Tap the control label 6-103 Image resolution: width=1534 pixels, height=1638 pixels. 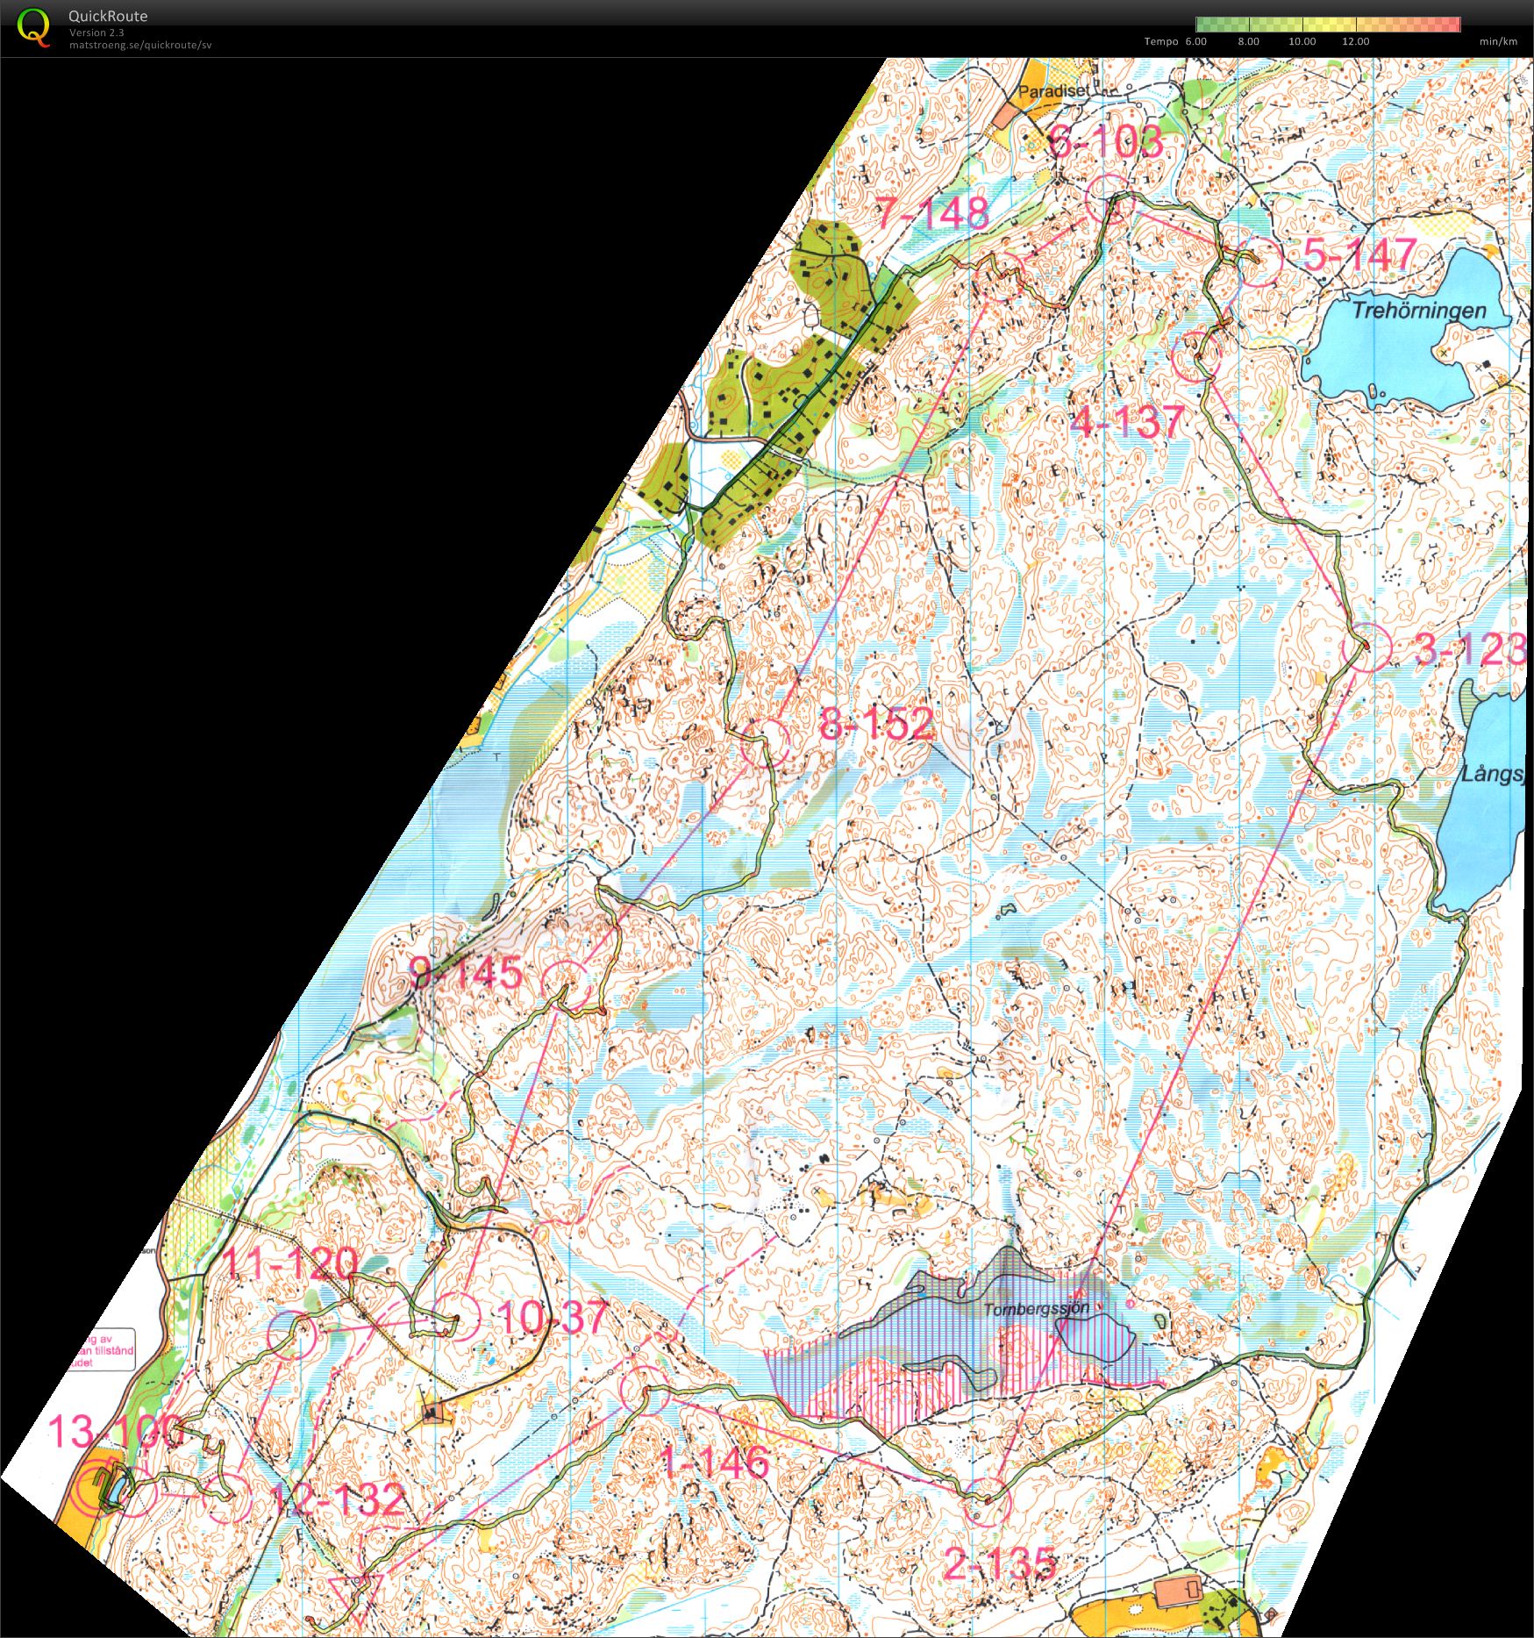pyautogui.click(x=1106, y=141)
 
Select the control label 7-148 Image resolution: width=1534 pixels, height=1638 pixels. pyautogui.click(x=932, y=213)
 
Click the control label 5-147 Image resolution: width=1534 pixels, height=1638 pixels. pyautogui.click(x=1359, y=254)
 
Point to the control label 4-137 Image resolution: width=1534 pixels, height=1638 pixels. pyautogui.click(x=1128, y=422)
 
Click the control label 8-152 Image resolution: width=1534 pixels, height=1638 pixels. pyautogui.click(x=875, y=724)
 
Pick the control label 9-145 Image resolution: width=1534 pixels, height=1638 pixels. pyautogui.click(x=466, y=972)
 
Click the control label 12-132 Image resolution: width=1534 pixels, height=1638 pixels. pyautogui.click(x=339, y=1499)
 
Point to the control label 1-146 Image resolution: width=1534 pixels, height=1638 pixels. pyautogui.click(x=714, y=1462)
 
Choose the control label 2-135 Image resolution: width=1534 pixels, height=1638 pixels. pyautogui.click(x=1000, y=1563)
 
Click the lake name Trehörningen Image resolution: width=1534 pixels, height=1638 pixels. pyautogui.click(x=1418, y=311)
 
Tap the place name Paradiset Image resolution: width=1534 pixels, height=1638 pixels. pyautogui.click(x=1052, y=90)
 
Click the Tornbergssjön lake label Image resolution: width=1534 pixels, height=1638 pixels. pyautogui.click(x=1036, y=1309)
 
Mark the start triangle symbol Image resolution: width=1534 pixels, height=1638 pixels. pyautogui.click(x=355, y=1588)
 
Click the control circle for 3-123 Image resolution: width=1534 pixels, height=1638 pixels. pyautogui.click(x=1366, y=647)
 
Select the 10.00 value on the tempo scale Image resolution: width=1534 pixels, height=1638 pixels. pyautogui.click(x=1302, y=41)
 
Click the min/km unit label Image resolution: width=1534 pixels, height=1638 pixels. pyautogui.click(x=1497, y=41)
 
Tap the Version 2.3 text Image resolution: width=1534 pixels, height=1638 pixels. pyautogui.click(x=96, y=32)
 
